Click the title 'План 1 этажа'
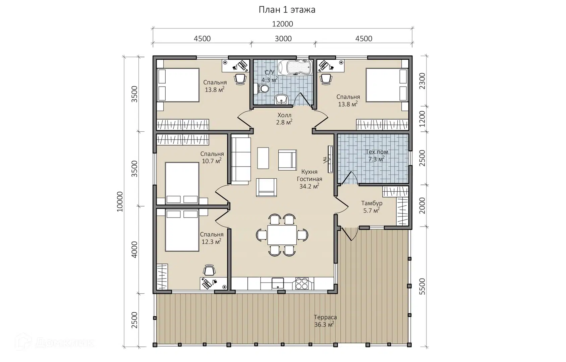(287, 10)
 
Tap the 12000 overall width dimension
(282, 24)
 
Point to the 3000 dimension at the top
(283, 39)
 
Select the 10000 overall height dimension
(120, 201)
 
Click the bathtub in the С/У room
(295, 67)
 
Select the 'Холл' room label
(285, 115)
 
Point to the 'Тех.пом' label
(377, 152)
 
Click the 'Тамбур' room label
(372, 203)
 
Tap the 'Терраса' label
(325, 317)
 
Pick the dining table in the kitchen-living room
(282, 235)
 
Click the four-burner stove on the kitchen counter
(302, 284)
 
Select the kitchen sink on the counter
(278, 284)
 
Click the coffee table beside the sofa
(263, 158)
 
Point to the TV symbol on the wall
(330, 159)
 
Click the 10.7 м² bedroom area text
(212, 161)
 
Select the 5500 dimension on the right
(422, 287)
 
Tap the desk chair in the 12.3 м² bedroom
(209, 270)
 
